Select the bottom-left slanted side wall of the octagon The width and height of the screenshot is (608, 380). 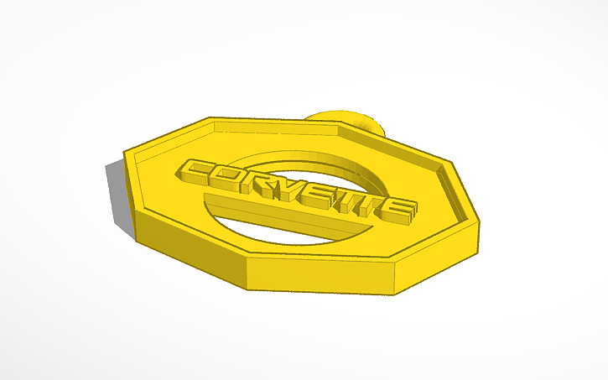[184, 243]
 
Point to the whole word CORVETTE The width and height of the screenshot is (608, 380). [298, 191]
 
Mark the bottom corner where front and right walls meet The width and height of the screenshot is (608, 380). [393, 293]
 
